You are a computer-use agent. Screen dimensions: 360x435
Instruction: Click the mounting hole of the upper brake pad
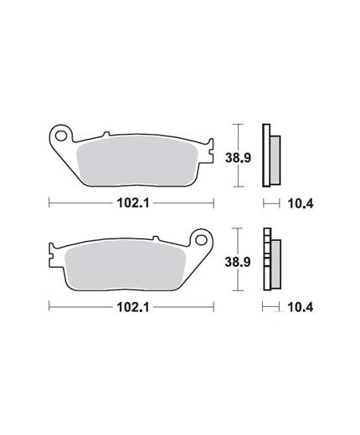[60, 136]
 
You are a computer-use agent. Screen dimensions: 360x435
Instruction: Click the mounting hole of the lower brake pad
[200, 240]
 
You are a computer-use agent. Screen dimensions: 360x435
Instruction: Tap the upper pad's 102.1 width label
[133, 203]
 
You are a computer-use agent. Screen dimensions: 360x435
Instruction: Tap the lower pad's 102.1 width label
[133, 307]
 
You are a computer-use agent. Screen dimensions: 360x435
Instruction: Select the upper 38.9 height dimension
[238, 158]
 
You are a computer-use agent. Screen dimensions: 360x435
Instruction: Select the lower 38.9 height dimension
[238, 262]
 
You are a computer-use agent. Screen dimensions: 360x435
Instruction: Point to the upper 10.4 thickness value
[301, 204]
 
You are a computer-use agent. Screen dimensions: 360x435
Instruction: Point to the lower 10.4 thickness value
[300, 307]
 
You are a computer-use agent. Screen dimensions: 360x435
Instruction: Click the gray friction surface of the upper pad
[136, 161]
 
